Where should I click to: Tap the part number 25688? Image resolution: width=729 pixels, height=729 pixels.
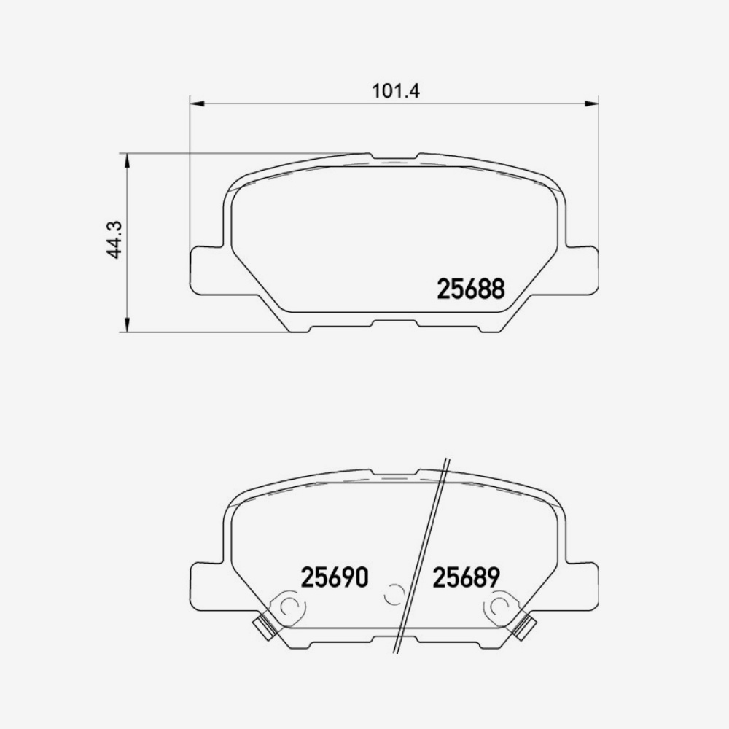tap(470, 289)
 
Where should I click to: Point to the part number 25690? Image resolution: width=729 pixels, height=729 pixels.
tap(335, 578)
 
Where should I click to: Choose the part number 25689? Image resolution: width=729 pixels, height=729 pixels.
tap(466, 578)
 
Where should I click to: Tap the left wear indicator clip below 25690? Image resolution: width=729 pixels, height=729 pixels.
tap(262, 627)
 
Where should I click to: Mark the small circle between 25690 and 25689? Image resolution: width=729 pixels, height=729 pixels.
tap(394, 595)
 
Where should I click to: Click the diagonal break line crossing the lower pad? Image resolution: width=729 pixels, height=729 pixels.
tap(421, 554)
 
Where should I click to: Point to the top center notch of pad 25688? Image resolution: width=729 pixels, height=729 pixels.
tap(394, 157)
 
